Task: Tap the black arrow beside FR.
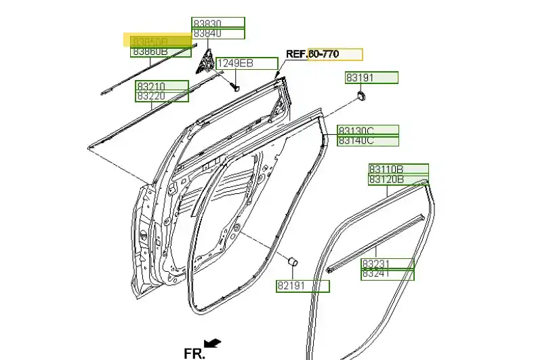point(213,344)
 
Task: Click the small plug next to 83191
point(361,96)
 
